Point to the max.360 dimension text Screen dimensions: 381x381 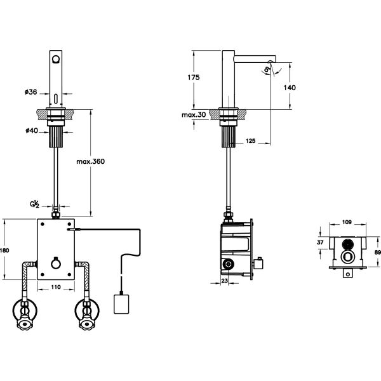tap(90, 161)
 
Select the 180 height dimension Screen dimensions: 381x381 tap(4, 250)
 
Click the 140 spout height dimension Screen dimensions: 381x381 tap(289, 88)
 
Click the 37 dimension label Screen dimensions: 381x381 tap(321, 242)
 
